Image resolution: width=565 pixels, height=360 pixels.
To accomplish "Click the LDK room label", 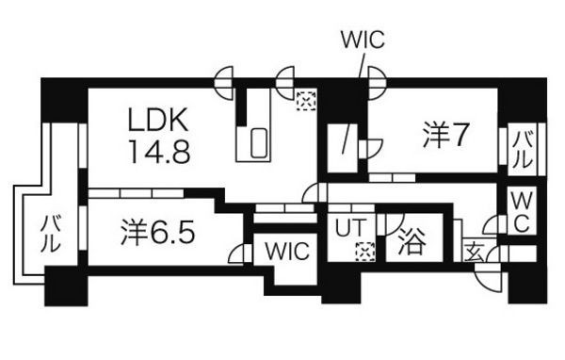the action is click(x=158, y=120).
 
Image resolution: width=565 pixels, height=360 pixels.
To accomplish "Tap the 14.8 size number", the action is click(x=159, y=152).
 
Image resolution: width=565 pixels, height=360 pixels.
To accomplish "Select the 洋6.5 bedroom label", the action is click(x=157, y=233).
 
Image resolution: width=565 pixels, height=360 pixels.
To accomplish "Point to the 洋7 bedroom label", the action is click(x=445, y=136).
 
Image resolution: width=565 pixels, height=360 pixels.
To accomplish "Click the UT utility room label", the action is click(x=351, y=228).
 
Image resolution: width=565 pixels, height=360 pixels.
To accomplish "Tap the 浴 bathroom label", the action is click(x=412, y=241).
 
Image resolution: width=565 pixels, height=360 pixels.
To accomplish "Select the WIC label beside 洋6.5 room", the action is click(x=287, y=251).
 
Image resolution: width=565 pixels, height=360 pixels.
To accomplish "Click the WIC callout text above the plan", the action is click(x=363, y=40).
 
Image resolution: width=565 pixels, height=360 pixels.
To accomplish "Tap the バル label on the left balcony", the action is click(x=50, y=233).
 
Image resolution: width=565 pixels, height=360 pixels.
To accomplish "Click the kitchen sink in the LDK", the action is click(x=259, y=143).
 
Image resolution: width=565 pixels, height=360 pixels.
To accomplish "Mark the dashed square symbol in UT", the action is click(x=365, y=252).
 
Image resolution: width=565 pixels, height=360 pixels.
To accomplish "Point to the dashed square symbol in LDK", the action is click(x=306, y=101).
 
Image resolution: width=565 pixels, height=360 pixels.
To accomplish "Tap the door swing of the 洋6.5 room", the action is click(x=239, y=254).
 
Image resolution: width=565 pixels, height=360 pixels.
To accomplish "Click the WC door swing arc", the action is click(x=490, y=225).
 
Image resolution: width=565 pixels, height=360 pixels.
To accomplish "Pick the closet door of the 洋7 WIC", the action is click(x=372, y=148).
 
